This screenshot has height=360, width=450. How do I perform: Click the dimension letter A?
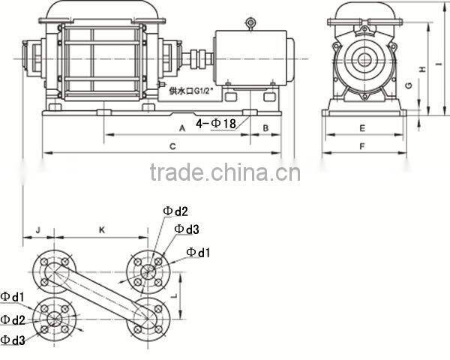coord(182,128)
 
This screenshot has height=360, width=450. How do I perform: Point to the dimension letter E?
coord(361,128)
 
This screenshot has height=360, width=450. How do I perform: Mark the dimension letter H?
coord(422,69)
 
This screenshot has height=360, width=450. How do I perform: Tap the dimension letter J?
coord(37,229)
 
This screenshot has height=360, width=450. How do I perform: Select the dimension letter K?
coord(102,229)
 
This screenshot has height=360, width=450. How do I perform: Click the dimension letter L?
coord(175,295)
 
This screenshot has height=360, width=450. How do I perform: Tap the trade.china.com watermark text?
coord(225,173)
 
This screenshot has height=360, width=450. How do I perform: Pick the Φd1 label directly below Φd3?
coord(198,251)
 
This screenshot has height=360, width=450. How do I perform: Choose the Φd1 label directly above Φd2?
coord(13,297)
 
